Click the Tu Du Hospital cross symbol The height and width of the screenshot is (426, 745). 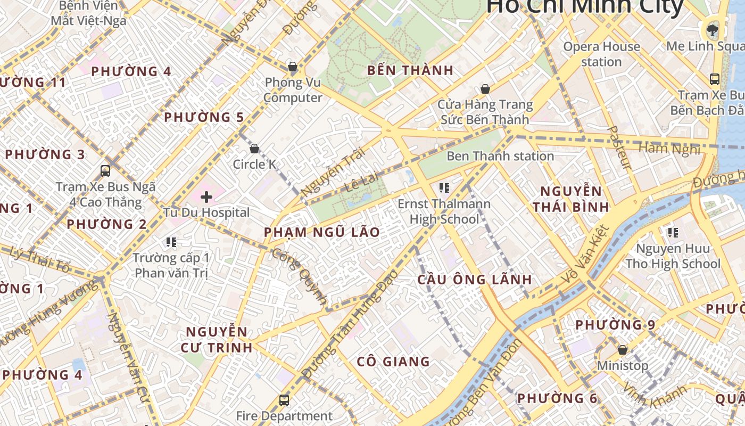point(206,197)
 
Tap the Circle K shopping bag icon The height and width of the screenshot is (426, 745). point(254,149)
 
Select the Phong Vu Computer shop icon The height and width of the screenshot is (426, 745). point(292,67)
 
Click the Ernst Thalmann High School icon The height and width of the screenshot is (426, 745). point(444,187)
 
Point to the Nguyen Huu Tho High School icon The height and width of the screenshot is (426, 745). point(673,232)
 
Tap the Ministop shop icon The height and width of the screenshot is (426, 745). point(622,350)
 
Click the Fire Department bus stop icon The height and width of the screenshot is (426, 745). point(284,400)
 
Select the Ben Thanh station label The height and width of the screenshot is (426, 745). point(500,156)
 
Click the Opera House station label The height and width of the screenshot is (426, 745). point(601,54)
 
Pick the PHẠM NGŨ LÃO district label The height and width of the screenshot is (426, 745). point(322,232)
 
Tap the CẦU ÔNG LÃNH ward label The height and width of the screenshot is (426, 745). point(475,280)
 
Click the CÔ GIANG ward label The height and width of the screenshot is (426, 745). point(393,362)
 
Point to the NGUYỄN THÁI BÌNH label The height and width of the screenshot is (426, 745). point(571,199)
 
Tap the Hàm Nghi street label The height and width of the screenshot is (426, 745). point(669,149)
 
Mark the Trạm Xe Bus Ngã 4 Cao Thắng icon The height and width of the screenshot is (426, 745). point(105,171)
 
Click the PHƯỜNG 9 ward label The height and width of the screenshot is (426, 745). point(615,324)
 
